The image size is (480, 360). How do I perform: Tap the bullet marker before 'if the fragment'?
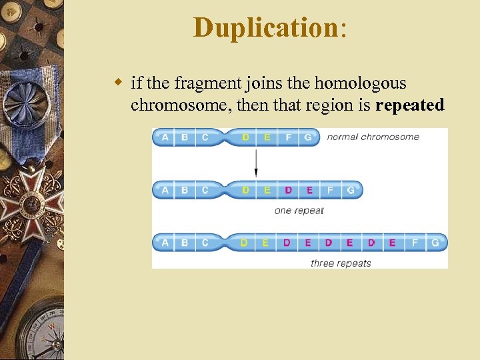[118, 83]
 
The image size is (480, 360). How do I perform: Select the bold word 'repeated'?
[409, 105]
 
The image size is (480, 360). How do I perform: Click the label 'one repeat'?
[299, 211]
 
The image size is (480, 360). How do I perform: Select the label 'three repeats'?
[341, 263]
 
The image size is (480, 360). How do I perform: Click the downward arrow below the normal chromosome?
[256, 163]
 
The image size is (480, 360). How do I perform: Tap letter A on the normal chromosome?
[165, 137]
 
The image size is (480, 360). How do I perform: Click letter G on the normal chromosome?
[308, 137]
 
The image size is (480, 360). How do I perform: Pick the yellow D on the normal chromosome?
[245, 137]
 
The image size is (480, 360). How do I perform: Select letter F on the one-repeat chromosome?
[330, 190]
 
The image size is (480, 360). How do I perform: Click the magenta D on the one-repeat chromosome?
[288, 190]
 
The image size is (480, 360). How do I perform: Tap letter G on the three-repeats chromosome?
[435, 243]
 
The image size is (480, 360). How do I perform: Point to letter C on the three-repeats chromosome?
[205, 243]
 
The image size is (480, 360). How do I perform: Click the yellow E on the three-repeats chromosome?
[265, 243]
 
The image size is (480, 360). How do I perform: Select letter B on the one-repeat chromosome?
[185, 190]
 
